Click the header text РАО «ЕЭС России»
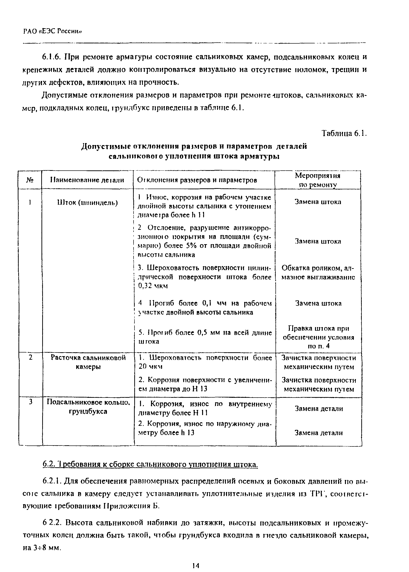point(53,31)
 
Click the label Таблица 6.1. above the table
point(344,133)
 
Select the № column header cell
point(30,180)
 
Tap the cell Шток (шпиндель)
point(88,203)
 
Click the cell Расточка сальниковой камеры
point(88,362)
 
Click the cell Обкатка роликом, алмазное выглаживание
point(318,273)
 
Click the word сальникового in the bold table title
point(134,156)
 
